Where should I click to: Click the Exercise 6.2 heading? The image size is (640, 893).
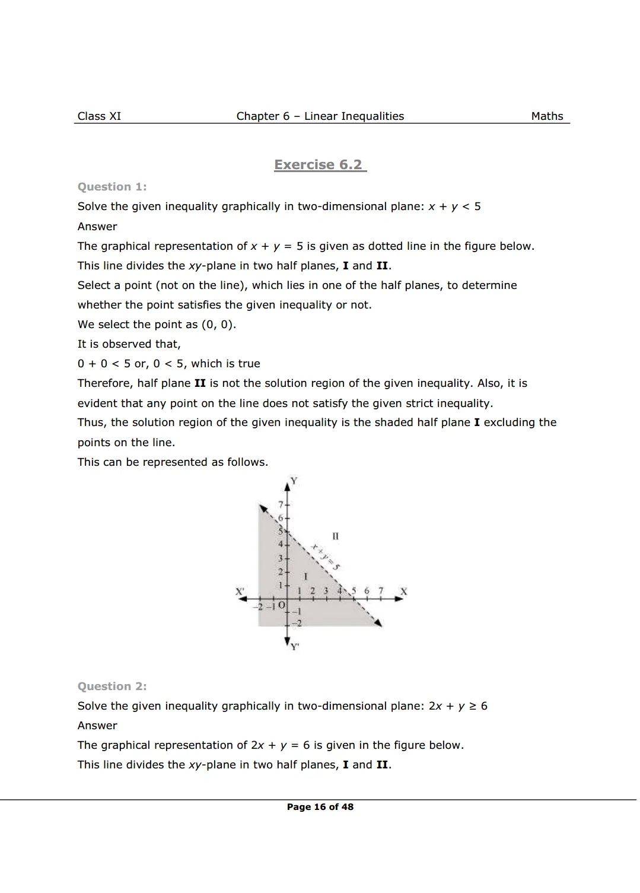point(320,165)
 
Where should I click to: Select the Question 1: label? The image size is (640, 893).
point(112,187)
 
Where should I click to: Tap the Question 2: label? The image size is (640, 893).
point(112,687)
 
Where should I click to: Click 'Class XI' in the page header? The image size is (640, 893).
point(99,116)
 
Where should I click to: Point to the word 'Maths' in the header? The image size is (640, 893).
point(547,116)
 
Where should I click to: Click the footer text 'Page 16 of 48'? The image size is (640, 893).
point(320,807)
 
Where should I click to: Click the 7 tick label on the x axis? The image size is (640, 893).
point(381,591)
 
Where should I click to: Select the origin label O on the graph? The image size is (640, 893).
point(281,605)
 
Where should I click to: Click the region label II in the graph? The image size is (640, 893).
point(336,536)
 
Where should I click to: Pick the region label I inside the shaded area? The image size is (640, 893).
point(305,576)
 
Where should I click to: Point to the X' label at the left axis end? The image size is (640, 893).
point(240,592)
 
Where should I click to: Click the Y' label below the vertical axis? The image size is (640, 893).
point(295,647)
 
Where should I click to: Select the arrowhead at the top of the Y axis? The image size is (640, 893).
point(288,485)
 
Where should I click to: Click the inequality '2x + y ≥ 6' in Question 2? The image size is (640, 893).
point(458,706)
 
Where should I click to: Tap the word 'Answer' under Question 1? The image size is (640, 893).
point(97,227)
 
